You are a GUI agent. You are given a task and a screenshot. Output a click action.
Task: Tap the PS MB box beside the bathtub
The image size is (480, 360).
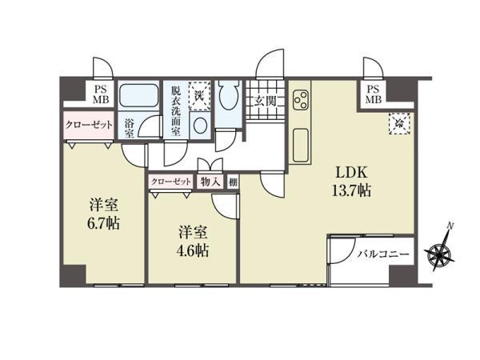click(x=101, y=94)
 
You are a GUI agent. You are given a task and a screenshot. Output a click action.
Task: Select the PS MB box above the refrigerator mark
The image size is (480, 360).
click(x=373, y=94)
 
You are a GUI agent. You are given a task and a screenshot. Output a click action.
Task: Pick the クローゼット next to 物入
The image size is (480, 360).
click(x=171, y=182)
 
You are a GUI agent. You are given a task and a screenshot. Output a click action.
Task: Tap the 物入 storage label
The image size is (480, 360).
click(x=210, y=182)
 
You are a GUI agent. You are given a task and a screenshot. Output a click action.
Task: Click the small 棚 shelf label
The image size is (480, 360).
click(x=232, y=182)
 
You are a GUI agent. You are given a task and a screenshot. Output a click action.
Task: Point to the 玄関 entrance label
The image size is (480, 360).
click(x=266, y=101)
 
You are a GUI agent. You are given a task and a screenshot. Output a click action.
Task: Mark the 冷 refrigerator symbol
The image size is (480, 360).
click(x=398, y=124)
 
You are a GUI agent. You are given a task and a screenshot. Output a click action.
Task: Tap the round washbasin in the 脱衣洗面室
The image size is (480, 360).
click(x=201, y=128)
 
